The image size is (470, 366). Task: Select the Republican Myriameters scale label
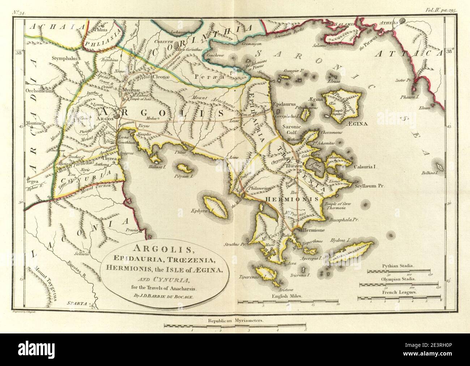tap(235, 321)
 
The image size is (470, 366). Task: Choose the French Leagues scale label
tap(398, 291)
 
